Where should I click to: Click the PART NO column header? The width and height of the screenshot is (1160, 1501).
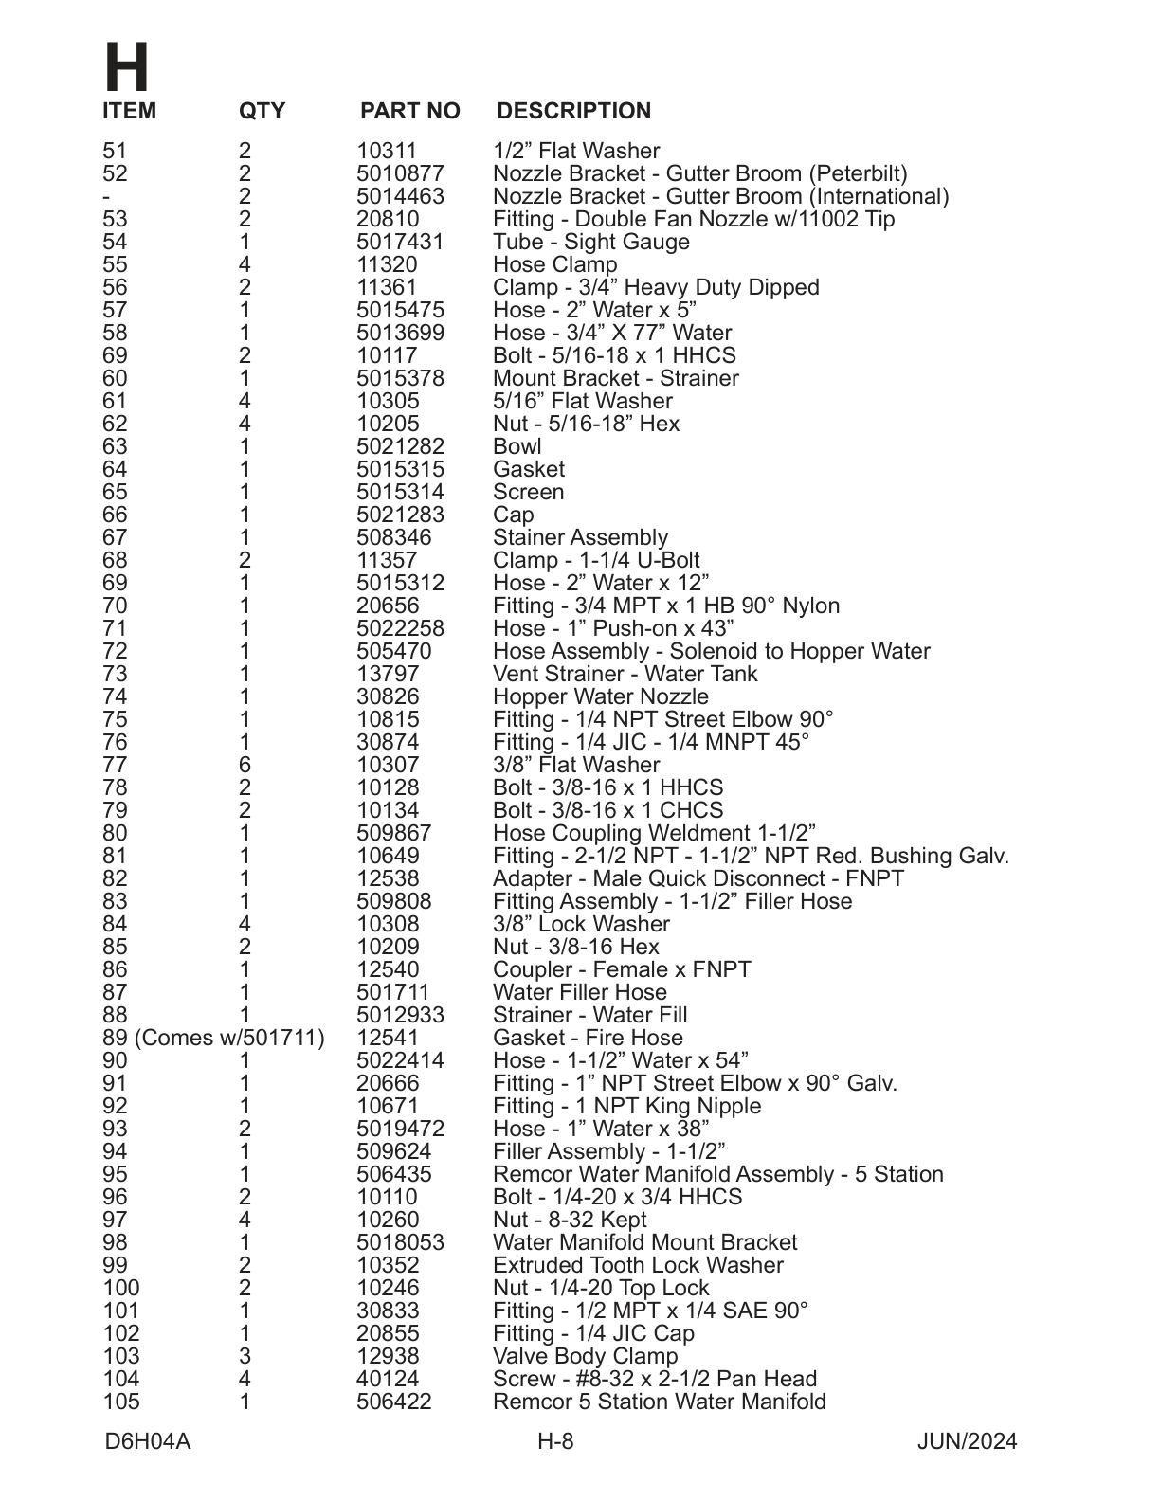(409, 111)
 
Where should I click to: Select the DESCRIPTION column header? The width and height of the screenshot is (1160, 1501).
(573, 111)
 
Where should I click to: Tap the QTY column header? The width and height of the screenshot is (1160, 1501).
(262, 111)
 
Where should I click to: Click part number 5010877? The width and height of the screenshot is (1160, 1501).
(400, 173)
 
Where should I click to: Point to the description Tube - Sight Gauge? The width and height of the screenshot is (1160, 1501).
(590, 242)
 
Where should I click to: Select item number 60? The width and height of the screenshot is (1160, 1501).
(115, 378)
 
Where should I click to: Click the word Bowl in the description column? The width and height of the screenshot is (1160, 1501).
(517, 446)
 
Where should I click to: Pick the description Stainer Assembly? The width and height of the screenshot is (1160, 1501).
(580, 537)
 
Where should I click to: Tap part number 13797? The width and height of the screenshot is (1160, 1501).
(388, 674)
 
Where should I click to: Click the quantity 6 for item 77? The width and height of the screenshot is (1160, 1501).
(245, 765)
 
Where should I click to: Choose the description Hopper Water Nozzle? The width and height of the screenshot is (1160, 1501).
(600, 696)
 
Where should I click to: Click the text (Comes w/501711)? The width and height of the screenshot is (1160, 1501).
(230, 1038)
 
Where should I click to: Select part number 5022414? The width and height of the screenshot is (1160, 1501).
(400, 1060)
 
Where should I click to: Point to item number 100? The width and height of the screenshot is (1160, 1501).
(120, 1288)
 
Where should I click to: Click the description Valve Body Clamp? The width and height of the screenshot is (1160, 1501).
(585, 1356)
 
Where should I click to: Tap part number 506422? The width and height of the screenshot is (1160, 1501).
(393, 1402)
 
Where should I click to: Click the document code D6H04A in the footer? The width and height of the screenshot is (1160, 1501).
(148, 1441)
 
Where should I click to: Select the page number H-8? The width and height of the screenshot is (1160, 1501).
(555, 1441)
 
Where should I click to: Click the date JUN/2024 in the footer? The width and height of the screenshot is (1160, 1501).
(967, 1441)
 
